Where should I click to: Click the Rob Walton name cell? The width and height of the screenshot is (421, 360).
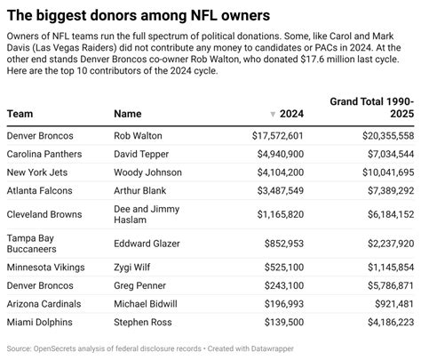click(139, 136)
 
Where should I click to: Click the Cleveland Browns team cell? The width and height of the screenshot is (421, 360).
click(44, 214)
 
